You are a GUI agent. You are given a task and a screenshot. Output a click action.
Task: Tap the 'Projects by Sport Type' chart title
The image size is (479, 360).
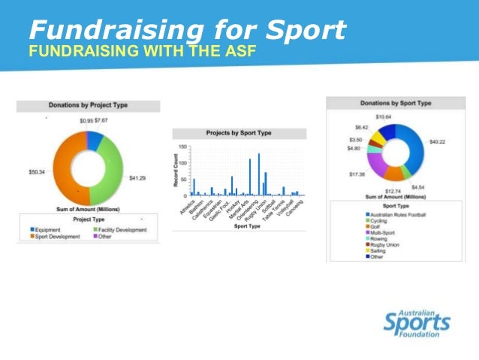pos(239,133)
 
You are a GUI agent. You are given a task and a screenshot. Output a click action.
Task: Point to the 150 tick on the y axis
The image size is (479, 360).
pos(182,147)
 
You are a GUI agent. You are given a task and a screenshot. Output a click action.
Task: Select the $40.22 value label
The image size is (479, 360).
pos(436,141)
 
